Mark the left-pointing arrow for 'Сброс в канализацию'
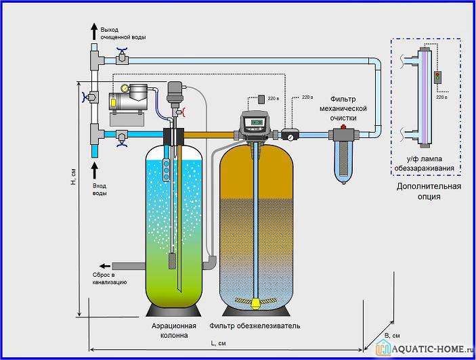click(105, 265)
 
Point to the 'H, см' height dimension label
click(73, 179)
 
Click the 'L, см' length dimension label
click(218, 344)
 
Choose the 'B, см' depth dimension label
click(392, 336)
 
